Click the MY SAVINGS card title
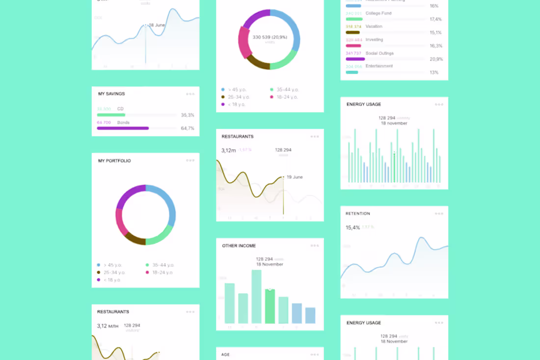(111, 94)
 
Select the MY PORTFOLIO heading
(114, 161)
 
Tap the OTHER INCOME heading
(239, 246)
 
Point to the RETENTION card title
(358, 214)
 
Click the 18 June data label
(157, 25)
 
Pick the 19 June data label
(295, 177)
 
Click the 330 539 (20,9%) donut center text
(270, 37)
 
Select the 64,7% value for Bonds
(188, 128)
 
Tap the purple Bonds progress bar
(123, 128)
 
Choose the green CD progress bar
(111, 115)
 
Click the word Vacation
(374, 27)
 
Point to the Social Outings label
(379, 53)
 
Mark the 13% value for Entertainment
(434, 72)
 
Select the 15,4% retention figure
(352, 227)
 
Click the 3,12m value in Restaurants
(228, 150)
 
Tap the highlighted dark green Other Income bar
(270, 306)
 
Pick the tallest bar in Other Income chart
(256, 296)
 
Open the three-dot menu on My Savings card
(190, 94)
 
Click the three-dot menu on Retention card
(439, 214)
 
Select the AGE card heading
(225, 354)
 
